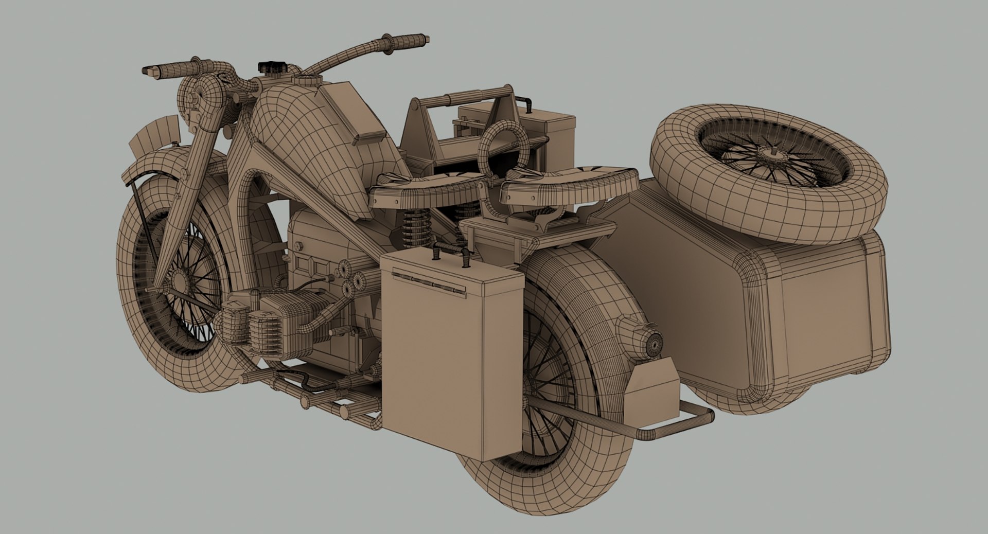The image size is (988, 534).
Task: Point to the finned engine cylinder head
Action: pyautogui.click(x=278, y=322)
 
